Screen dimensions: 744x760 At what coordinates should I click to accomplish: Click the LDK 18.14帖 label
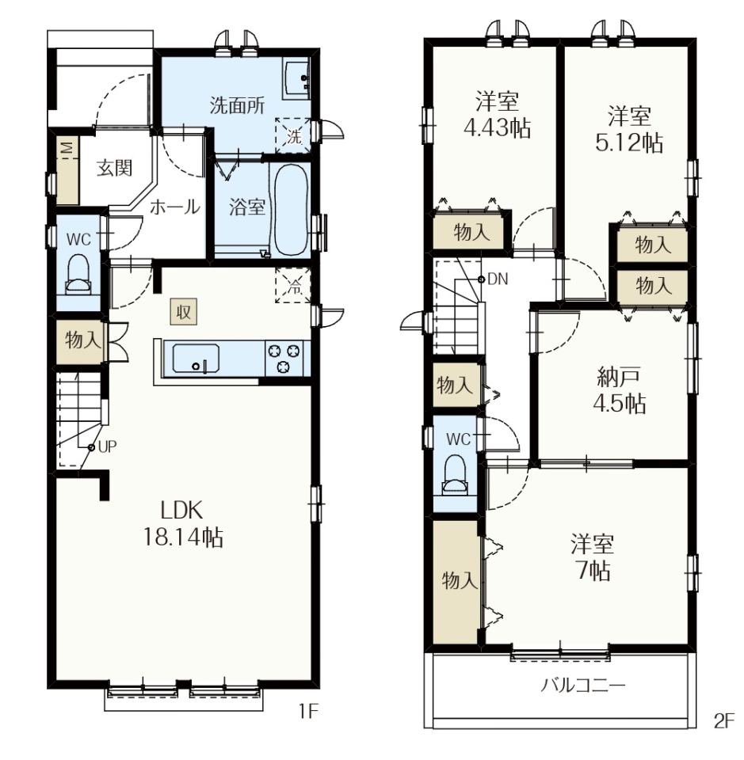pos(183,524)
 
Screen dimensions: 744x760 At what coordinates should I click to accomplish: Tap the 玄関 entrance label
pos(114,168)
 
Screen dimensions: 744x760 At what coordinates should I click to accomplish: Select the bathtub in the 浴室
pos(291,211)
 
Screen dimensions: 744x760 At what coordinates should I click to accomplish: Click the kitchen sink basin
pos(196,358)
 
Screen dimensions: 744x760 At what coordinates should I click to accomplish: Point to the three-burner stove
pos(283,358)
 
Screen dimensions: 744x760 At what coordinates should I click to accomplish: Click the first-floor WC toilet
pos(78,275)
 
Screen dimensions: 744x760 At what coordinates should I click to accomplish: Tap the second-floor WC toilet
pos(455,475)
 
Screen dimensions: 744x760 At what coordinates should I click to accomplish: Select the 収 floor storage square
pos(183,312)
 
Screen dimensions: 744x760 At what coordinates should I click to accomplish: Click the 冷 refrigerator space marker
pos(293,286)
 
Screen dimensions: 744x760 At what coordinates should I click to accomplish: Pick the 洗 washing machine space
pos(293,136)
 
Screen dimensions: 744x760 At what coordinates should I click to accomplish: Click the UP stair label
pos(107,446)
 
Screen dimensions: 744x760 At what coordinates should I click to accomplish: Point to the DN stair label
pos(498,279)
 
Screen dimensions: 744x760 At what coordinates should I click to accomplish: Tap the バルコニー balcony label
pos(583,686)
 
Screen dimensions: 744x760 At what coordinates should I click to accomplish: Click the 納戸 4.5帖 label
pos(619,390)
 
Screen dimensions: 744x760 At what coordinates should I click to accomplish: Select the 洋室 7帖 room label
pos(592,557)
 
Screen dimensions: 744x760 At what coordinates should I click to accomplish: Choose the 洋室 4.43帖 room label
pos(497,115)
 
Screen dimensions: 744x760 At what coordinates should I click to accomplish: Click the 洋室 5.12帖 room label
pos(629,129)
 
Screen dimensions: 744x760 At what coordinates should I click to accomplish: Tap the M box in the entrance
pos(67,147)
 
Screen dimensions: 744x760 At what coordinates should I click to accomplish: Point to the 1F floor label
pos(307,712)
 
